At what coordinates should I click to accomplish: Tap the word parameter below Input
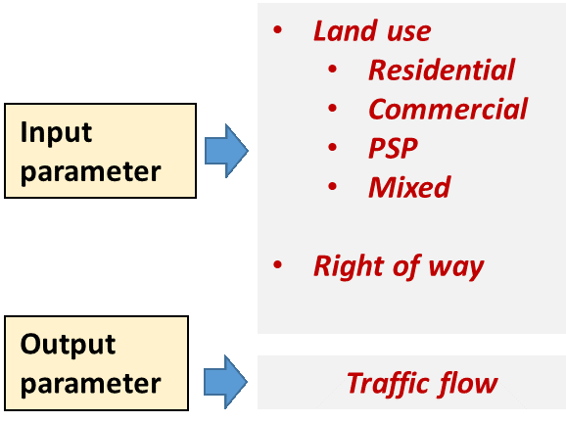click(91, 173)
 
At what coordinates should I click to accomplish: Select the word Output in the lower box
click(68, 344)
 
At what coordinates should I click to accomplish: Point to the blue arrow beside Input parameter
click(226, 151)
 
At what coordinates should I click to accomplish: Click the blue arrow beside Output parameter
click(225, 382)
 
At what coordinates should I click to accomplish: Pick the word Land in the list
click(346, 30)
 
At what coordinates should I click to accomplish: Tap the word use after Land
click(409, 32)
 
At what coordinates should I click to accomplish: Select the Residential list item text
click(442, 70)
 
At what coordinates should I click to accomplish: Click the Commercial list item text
click(448, 109)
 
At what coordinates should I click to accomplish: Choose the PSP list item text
click(393, 148)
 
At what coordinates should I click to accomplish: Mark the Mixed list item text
click(409, 187)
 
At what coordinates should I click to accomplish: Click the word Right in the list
click(349, 267)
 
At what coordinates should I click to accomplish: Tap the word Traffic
click(387, 383)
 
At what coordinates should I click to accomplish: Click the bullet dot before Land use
click(277, 29)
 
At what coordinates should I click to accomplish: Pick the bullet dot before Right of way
click(277, 264)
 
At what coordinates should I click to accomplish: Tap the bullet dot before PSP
click(333, 147)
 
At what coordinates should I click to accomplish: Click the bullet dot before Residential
click(333, 69)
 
